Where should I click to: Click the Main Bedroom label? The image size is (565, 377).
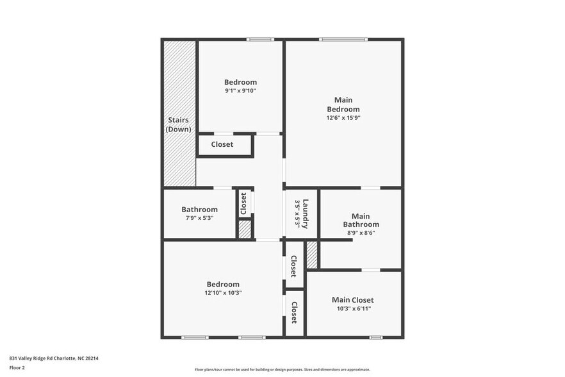(343, 105)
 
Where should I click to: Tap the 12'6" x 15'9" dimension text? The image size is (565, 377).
(343, 118)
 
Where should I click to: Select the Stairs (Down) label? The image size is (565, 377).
(179, 124)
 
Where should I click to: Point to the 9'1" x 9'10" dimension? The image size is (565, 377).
(240, 91)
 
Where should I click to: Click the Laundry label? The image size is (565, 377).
(306, 214)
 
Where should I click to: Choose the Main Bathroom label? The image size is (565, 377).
(361, 220)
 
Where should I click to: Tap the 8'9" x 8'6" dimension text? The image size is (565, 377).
(361, 233)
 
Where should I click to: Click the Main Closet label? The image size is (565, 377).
(352, 300)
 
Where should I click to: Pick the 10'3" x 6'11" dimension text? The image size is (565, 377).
(352, 309)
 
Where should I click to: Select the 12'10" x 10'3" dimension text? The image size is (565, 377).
(223, 293)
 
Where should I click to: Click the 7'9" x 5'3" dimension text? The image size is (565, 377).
(199, 218)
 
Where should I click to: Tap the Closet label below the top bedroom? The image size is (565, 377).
(222, 145)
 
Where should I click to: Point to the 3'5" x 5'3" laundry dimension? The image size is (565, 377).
(297, 214)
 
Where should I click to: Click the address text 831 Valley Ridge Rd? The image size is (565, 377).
(54, 358)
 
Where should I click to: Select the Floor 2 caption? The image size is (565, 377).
(17, 368)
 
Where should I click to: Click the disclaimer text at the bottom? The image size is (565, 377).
(282, 370)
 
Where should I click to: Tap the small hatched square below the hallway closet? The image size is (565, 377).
(245, 230)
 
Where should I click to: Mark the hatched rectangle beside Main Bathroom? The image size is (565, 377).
(312, 255)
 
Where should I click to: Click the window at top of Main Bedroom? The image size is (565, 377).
(344, 39)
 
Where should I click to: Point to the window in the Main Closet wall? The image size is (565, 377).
(376, 337)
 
